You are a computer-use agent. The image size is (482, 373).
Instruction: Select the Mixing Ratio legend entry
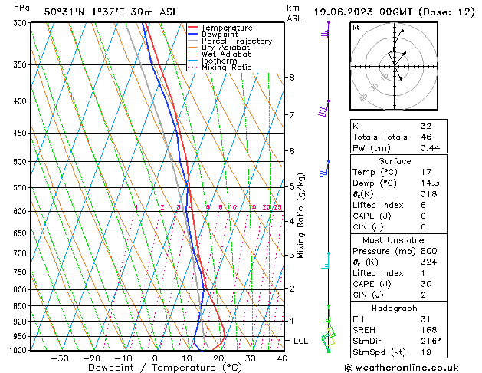(x=226, y=68)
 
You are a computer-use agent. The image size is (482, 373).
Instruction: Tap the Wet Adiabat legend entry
(x=226, y=54)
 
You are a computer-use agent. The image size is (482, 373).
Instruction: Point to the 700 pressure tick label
(x=20, y=253)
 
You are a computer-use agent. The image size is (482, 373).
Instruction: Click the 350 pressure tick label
(x=20, y=65)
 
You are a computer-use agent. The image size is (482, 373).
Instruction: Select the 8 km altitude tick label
(x=291, y=78)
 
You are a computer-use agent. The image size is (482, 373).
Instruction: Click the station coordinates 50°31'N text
(x=66, y=12)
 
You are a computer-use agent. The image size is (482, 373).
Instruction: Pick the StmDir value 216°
(x=431, y=341)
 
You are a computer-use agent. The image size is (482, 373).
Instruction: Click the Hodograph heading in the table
(x=395, y=308)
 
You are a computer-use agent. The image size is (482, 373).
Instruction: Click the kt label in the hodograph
(x=356, y=28)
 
